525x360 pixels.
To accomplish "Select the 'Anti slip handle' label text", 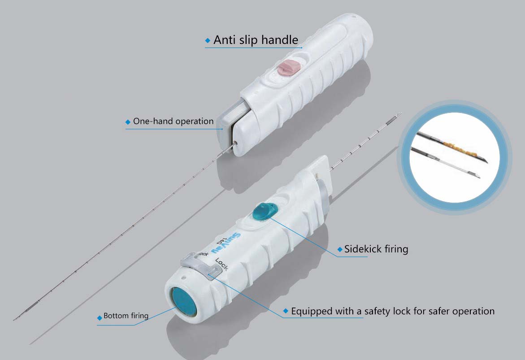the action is pos(256,40).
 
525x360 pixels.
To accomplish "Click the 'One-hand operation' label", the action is pos(173,121).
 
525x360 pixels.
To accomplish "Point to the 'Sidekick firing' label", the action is pos(376,249).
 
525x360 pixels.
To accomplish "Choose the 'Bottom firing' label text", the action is pos(126,316).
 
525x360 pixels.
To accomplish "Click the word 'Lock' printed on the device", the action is pos(221,264).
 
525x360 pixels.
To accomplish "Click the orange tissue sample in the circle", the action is pos(462,147).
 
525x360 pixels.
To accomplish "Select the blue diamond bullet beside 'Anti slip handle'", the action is pos(208,40).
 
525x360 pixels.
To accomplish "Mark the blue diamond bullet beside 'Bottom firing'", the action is pos(100,318).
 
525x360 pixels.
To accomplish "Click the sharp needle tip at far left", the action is pos(14,320).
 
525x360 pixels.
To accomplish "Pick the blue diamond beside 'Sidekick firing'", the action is pos(340,249).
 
